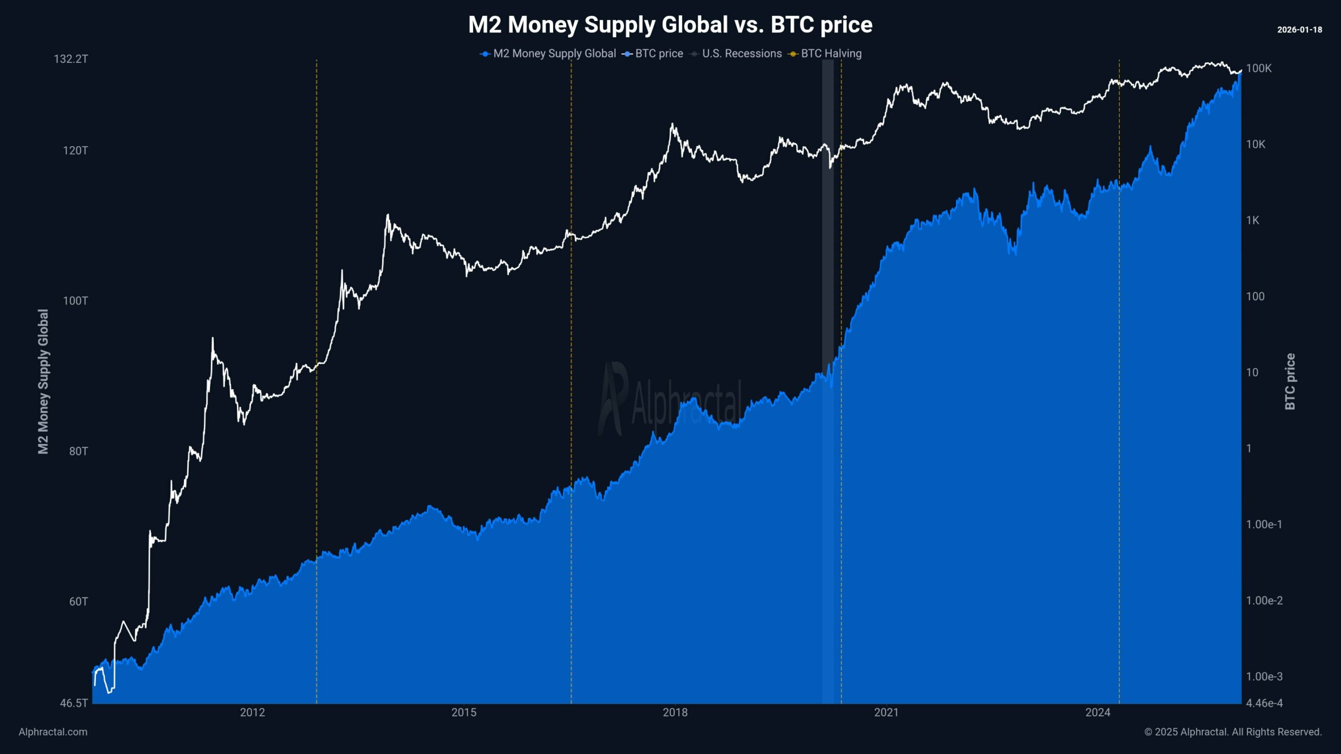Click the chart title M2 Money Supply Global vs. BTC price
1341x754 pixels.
670,25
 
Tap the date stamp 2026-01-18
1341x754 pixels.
1299,30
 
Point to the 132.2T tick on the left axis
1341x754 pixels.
71,59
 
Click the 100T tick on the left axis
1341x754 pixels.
75,301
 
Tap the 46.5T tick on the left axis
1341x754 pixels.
74,703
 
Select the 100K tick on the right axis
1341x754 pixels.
1258,68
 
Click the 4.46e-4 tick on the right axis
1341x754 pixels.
1264,703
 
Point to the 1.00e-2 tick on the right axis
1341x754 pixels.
1264,601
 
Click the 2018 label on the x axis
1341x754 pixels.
675,712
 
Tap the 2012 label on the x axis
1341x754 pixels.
252,712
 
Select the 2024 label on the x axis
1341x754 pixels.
1097,712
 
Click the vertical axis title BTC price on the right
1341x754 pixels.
1290,381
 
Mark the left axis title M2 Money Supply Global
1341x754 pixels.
43,381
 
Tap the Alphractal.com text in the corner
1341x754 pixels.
53,732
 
